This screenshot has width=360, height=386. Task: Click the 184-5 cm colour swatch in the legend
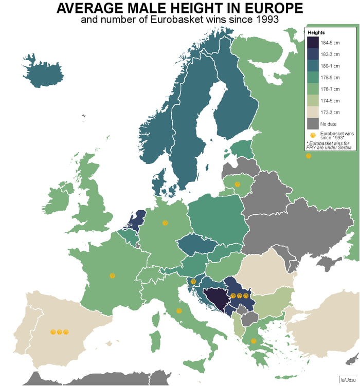pos(313,43)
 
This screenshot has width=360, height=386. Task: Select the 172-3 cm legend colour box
pos(313,112)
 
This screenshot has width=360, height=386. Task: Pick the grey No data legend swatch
pos(313,123)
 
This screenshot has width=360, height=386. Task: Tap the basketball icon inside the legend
pos(313,135)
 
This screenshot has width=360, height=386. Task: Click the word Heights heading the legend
pos(316,32)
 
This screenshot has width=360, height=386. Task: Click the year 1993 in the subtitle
pos(266,21)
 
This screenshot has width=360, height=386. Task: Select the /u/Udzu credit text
pos(348,379)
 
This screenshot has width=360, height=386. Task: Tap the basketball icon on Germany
pos(165,223)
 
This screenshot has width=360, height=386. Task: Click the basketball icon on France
pos(112,275)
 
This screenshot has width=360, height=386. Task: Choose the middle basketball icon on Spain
pos(60,332)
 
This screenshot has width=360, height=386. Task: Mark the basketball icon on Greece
pos(253,341)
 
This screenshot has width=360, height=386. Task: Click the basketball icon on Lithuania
pos(237,184)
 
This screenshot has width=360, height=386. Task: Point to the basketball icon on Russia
pos(308,156)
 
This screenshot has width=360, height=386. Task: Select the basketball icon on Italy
pos(178,311)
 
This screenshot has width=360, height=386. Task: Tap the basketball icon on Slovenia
pos(193,281)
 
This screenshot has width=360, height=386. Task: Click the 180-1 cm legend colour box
pos(313,66)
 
